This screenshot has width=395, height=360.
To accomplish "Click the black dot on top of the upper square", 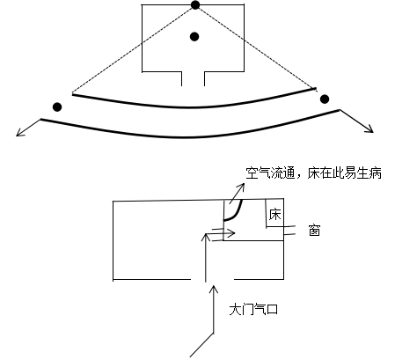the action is (195, 5).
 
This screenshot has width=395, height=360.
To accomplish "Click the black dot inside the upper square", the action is (194, 37).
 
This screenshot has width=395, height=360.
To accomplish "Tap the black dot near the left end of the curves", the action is (57, 107).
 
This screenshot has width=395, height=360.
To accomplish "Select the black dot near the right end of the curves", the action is (325, 99).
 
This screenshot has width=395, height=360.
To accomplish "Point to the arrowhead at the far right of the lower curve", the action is (370, 129).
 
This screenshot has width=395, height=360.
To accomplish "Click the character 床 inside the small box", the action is (274, 215).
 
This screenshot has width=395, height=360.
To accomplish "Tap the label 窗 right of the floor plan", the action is (314, 231).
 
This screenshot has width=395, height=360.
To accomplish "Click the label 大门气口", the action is (253, 309).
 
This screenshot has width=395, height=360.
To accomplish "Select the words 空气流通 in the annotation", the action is (270, 173).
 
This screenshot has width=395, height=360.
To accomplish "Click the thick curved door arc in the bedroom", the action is (236, 214).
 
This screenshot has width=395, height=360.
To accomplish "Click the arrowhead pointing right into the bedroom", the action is (232, 233).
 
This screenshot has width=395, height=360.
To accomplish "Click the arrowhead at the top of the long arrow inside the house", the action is (206, 237).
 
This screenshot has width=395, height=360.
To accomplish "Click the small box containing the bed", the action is (274, 213).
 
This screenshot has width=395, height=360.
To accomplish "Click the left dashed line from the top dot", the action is (134, 48).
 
